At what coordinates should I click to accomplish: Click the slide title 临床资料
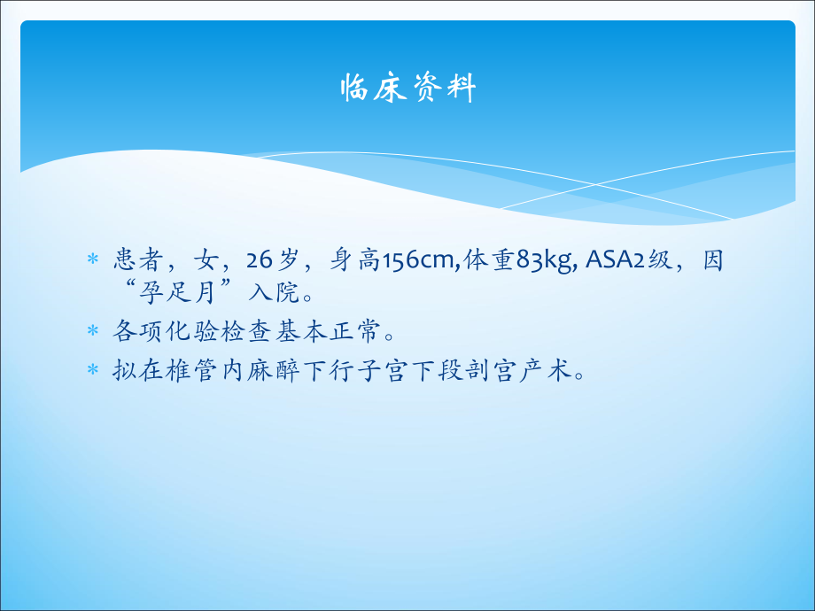[408, 89]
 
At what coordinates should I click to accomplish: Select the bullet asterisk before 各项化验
[92, 333]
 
